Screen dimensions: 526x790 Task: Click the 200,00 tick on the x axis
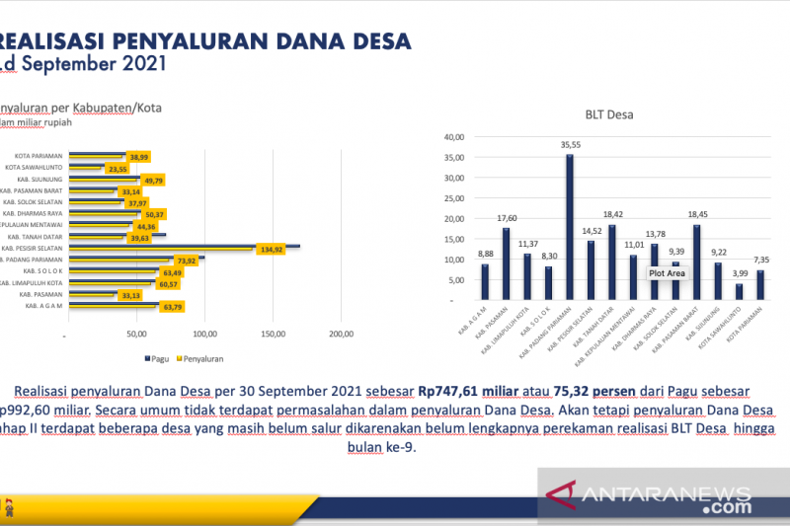coord(341,335)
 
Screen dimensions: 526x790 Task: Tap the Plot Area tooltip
coord(667,272)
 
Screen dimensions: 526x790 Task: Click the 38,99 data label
coord(138,157)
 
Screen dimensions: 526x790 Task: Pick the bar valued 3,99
coord(739,292)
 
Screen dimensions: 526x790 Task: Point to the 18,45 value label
coord(697,213)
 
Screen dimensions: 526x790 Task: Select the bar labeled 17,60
coord(506,263)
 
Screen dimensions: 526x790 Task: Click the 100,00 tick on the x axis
coord(204,335)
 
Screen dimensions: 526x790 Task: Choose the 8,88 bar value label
coord(485,253)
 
